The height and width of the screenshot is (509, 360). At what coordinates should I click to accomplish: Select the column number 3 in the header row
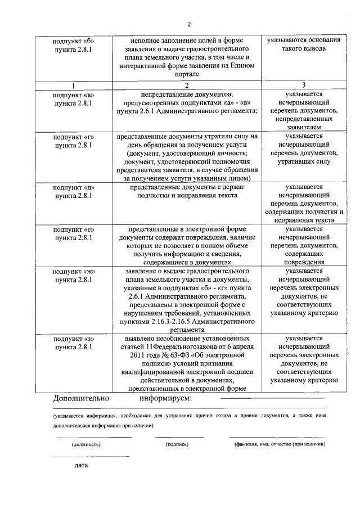pyautogui.click(x=303, y=85)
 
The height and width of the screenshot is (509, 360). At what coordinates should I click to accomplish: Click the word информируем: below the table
pyautogui.click(x=165, y=398)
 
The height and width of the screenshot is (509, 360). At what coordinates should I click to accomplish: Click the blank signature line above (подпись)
pyautogui.click(x=179, y=437)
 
